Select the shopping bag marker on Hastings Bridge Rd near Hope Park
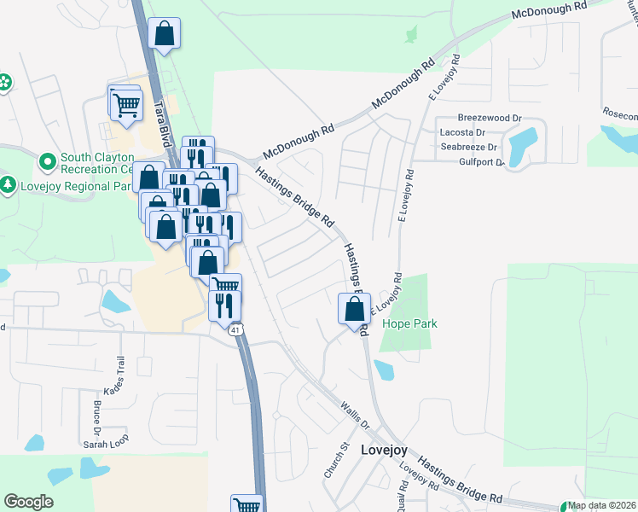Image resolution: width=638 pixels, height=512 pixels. coord(353,309)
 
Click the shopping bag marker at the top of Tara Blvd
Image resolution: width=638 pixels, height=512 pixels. coord(165,35)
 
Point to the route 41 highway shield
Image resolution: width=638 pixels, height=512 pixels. coord(235,329)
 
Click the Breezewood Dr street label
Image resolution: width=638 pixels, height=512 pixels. coord(490,118)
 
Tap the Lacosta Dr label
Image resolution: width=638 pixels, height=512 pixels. coord(461,132)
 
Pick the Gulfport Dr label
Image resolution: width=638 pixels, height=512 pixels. coord(481,160)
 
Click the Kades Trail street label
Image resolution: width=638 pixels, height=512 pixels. coord(114,375)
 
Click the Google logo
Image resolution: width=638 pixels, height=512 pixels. coord(29,502)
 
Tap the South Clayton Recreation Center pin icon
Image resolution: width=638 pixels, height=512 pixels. coord(47,160)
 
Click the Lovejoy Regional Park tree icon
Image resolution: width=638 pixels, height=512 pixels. coord(9,184)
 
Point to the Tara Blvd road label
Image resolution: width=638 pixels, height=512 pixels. coord(159,95)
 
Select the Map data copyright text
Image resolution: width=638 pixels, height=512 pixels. coord(601,506)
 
